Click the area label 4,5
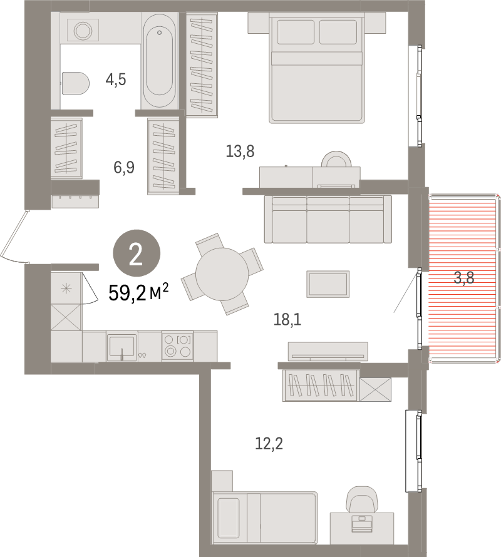(x=116, y=79)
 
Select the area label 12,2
(x=269, y=444)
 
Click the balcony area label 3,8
(x=464, y=278)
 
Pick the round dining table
(x=221, y=273)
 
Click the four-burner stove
(x=177, y=346)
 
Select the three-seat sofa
(x=327, y=219)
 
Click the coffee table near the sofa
(x=328, y=284)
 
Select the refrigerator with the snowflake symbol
(x=66, y=289)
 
